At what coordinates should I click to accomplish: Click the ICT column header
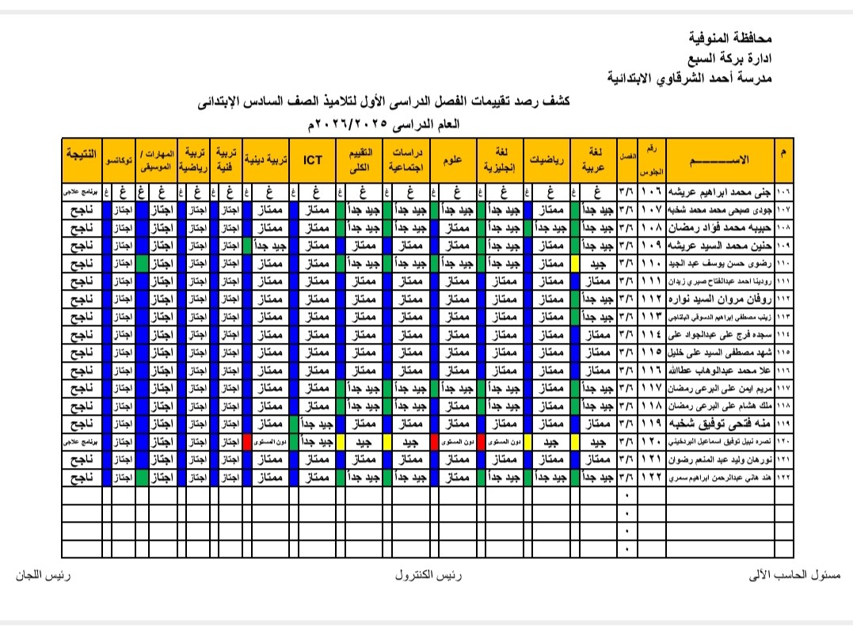click(x=313, y=160)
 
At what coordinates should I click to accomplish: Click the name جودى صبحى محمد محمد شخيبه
click(x=720, y=209)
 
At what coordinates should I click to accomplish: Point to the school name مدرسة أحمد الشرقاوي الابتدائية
click(x=688, y=77)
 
